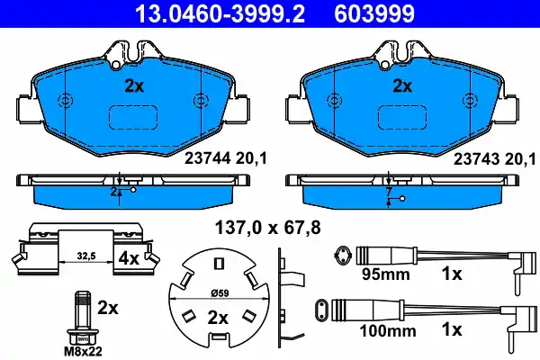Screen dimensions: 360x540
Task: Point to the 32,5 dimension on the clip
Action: tap(87, 255)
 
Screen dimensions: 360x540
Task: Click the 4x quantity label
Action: tap(129, 257)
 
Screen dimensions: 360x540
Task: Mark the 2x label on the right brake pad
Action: tap(402, 86)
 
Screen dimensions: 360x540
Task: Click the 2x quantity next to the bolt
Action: tap(108, 308)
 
